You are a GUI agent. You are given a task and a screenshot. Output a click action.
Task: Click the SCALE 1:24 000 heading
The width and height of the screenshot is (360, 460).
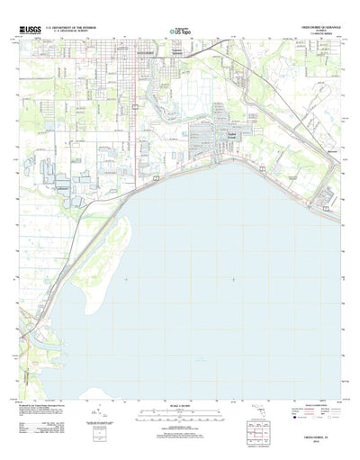pyautogui.click(x=179, y=411)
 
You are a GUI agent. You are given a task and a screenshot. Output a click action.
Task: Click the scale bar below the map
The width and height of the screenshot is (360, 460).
pyautogui.click(x=179, y=419)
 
